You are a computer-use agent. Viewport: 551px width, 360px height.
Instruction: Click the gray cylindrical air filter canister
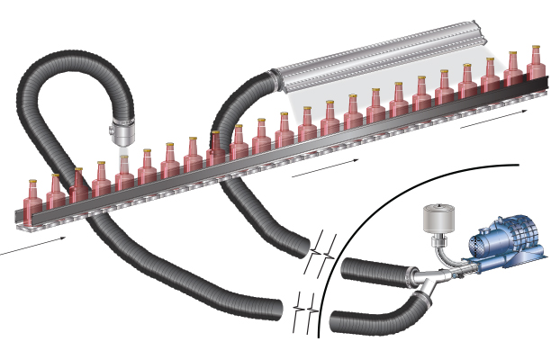point(438,220)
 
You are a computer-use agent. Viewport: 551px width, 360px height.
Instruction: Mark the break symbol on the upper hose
point(321,254)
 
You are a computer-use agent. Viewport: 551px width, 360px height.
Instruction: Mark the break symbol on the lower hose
point(305,313)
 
